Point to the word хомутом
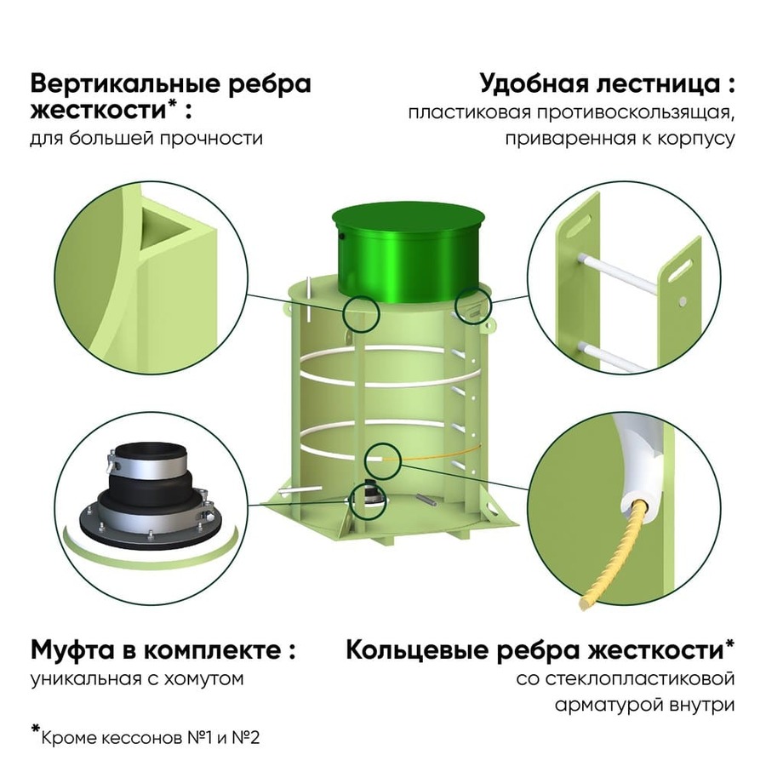pyautogui.click(x=203, y=678)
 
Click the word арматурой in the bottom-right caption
pyautogui.click(x=607, y=706)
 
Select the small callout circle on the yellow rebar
pyautogui.click(x=383, y=461)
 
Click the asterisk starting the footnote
pyautogui.click(x=35, y=730)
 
